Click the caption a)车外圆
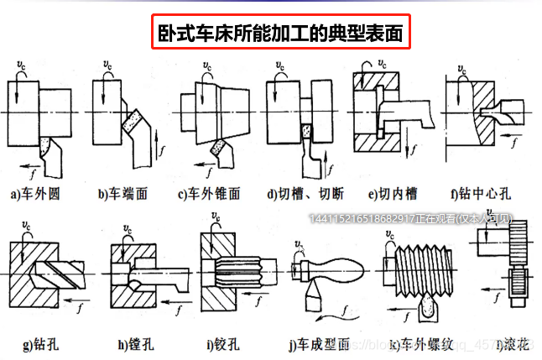click(35, 194)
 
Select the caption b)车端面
click(122, 194)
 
